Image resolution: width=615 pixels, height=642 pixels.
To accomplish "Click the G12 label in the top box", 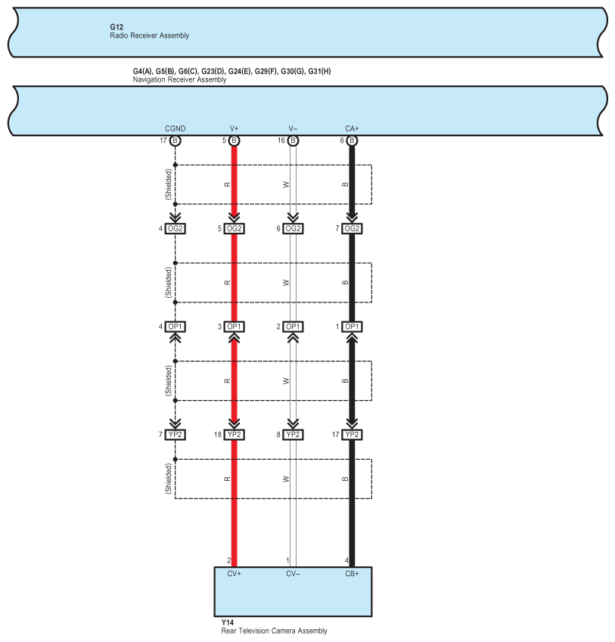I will pyautogui.click(x=116, y=27).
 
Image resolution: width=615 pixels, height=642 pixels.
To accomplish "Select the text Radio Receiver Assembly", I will pyautogui.click(x=149, y=36).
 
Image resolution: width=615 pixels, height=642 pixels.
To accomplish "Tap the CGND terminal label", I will pyautogui.click(x=175, y=129).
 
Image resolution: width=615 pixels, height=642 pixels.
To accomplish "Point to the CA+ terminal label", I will pyautogui.click(x=352, y=129).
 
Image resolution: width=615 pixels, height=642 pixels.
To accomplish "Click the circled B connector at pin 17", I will pyautogui.click(x=175, y=141).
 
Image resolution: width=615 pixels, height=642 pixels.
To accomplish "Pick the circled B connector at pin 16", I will pyautogui.click(x=293, y=141).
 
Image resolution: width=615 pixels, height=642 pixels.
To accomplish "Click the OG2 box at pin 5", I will pyautogui.click(x=234, y=228).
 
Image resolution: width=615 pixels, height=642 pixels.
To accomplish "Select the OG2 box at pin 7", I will pyautogui.click(x=352, y=228).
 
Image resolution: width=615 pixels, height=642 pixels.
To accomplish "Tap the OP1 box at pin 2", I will pyautogui.click(x=293, y=327).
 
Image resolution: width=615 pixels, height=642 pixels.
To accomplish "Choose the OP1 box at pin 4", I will pyautogui.click(x=175, y=327).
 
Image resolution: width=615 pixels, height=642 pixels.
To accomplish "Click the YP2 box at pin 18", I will pyautogui.click(x=234, y=435).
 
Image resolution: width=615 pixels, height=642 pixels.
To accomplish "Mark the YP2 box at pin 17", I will pyautogui.click(x=352, y=435).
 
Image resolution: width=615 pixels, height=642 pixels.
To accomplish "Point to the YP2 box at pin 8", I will pyautogui.click(x=293, y=435).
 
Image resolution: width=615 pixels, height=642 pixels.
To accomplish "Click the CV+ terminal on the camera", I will pyautogui.click(x=234, y=574).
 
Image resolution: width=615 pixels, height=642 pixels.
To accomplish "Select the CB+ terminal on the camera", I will pyautogui.click(x=352, y=574).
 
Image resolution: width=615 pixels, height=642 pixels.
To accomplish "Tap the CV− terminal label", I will pyautogui.click(x=293, y=574).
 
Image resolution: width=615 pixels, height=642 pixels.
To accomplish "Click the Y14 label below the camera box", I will pyautogui.click(x=227, y=622).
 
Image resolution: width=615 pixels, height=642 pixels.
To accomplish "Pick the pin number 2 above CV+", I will pyautogui.click(x=228, y=560).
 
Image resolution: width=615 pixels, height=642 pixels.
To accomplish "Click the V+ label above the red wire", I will pyautogui.click(x=234, y=129).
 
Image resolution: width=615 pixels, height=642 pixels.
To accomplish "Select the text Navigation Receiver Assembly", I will pyautogui.click(x=179, y=79).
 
